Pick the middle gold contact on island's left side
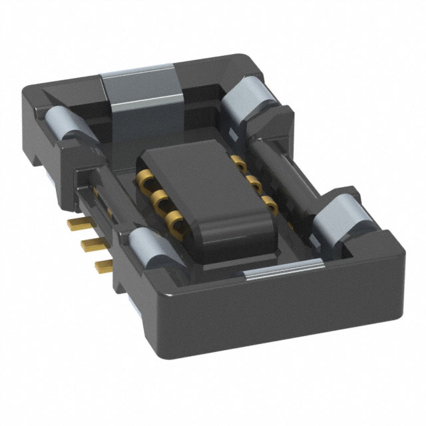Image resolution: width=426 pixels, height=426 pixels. pos(158,198)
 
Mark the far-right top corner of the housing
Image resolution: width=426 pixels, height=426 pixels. pos(399,250)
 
